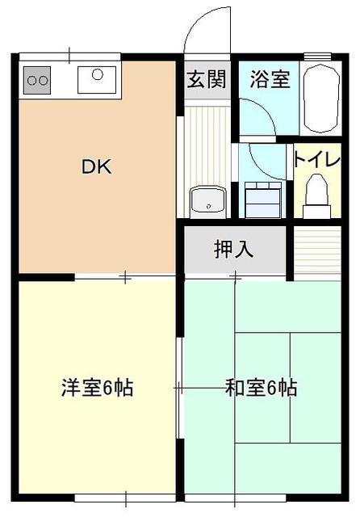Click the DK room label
click(97, 166)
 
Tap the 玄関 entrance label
click(207, 79)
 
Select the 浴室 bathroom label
click(270, 79)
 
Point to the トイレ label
click(317, 160)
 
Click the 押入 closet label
click(233, 249)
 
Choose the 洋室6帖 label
click(98, 388)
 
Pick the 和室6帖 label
click(261, 388)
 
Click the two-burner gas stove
click(37, 80)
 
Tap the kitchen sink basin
click(97, 80)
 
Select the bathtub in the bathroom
click(320, 98)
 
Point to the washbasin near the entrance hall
click(207, 202)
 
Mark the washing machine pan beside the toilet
click(263, 200)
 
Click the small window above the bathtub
click(317, 57)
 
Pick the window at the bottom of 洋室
click(125, 498)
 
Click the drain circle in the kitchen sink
click(98, 74)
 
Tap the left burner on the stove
click(32, 80)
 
